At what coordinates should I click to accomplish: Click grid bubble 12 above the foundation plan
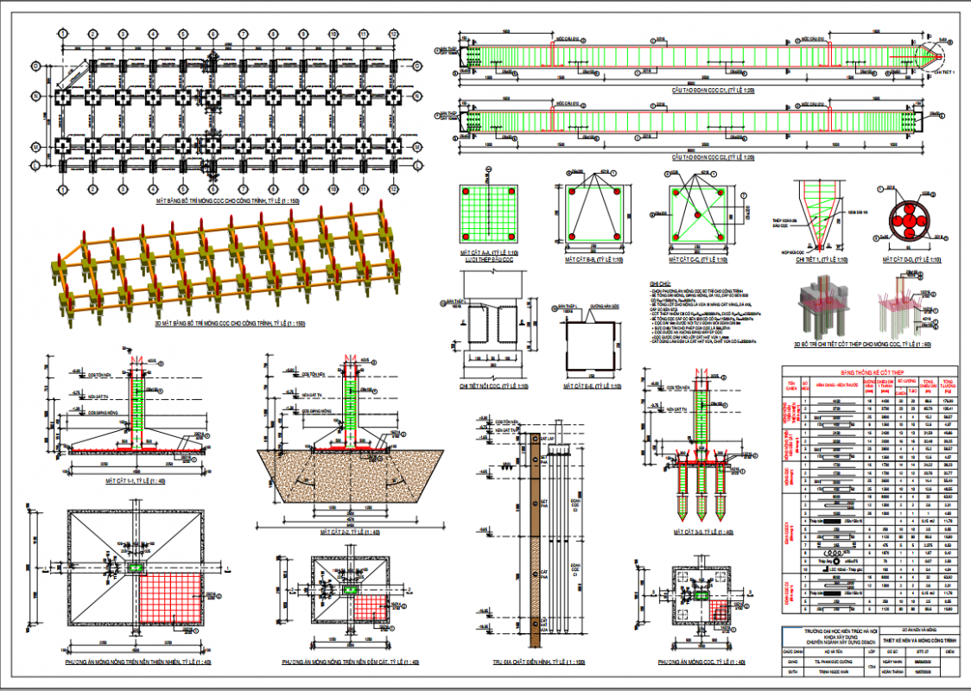[x=393, y=33]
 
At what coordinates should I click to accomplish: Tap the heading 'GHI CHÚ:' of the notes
[x=659, y=283]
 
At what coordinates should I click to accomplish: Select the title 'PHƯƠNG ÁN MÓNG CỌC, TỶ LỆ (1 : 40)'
[x=701, y=662]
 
